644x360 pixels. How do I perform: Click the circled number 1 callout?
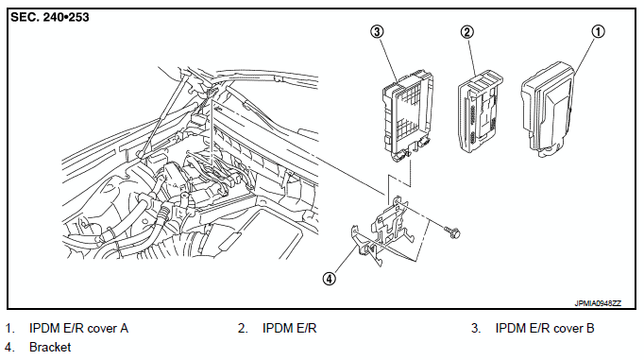(x=598, y=31)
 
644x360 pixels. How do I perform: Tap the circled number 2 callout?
(x=467, y=32)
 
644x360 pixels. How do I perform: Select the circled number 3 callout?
(x=377, y=31)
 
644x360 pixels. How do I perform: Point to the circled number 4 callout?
(x=329, y=279)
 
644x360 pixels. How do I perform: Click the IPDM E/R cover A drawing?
(x=548, y=110)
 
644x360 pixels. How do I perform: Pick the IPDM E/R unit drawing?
(x=480, y=111)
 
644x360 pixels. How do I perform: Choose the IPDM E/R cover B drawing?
(x=407, y=116)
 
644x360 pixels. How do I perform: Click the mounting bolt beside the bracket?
(x=452, y=232)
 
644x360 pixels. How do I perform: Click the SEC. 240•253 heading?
(x=49, y=17)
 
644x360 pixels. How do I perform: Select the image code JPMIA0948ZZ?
(x=598, y=303)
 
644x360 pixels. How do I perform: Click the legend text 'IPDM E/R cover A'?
(x=79, y=329)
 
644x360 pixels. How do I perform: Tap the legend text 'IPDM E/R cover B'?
(x=545, y=329)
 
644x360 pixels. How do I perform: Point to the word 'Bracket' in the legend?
(x=50, y=348)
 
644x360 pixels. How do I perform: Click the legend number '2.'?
(x=243, y=329)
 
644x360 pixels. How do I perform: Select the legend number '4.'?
(x=9, y=348)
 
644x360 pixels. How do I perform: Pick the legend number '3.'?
(x=476, y=329)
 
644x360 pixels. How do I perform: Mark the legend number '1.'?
(x=9, y=329)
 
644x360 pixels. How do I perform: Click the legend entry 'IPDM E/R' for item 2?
(x=290, y=329)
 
